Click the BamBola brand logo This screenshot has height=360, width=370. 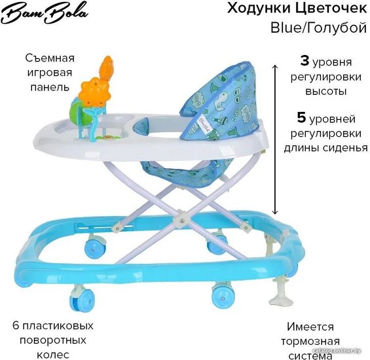(45, 14)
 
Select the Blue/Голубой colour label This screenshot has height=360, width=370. (318, 28)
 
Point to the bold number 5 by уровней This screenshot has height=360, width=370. (301, 117)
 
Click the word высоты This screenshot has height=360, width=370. (326, 91)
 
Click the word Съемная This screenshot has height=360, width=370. (50, 58)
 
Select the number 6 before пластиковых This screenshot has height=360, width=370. (16, 325)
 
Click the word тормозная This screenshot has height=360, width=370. (310, 342)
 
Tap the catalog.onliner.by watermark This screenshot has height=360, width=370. (338, 351)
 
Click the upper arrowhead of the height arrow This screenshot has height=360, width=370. (275, 66)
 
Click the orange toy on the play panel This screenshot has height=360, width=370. (97, 82)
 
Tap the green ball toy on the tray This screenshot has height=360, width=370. (75, 111)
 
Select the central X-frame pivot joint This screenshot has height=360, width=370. (181, 220)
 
